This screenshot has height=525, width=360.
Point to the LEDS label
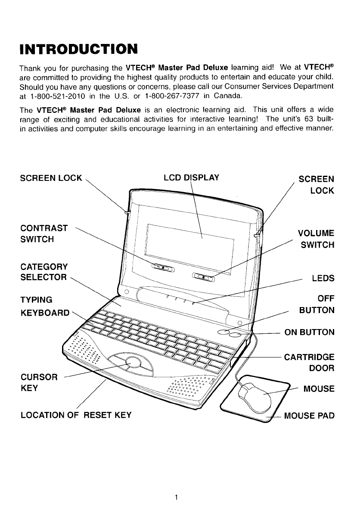point(323,278)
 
